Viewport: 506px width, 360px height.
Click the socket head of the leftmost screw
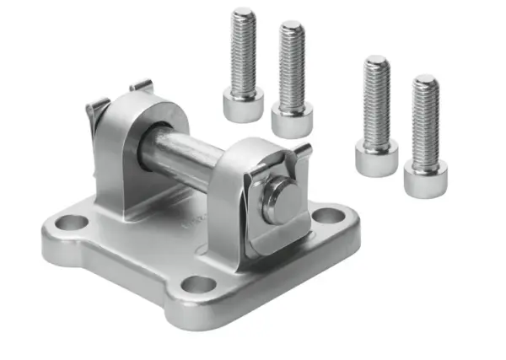tap(244, 107)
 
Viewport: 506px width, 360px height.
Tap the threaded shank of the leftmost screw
tap(245, 55)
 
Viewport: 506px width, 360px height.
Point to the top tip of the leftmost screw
tap(245, 13)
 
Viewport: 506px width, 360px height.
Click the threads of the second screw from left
tap(292, 67)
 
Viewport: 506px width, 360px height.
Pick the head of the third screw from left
tap(375, 159)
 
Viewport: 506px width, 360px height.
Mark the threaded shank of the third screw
tap(376, 101)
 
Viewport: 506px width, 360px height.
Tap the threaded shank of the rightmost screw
tap(425, 122)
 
